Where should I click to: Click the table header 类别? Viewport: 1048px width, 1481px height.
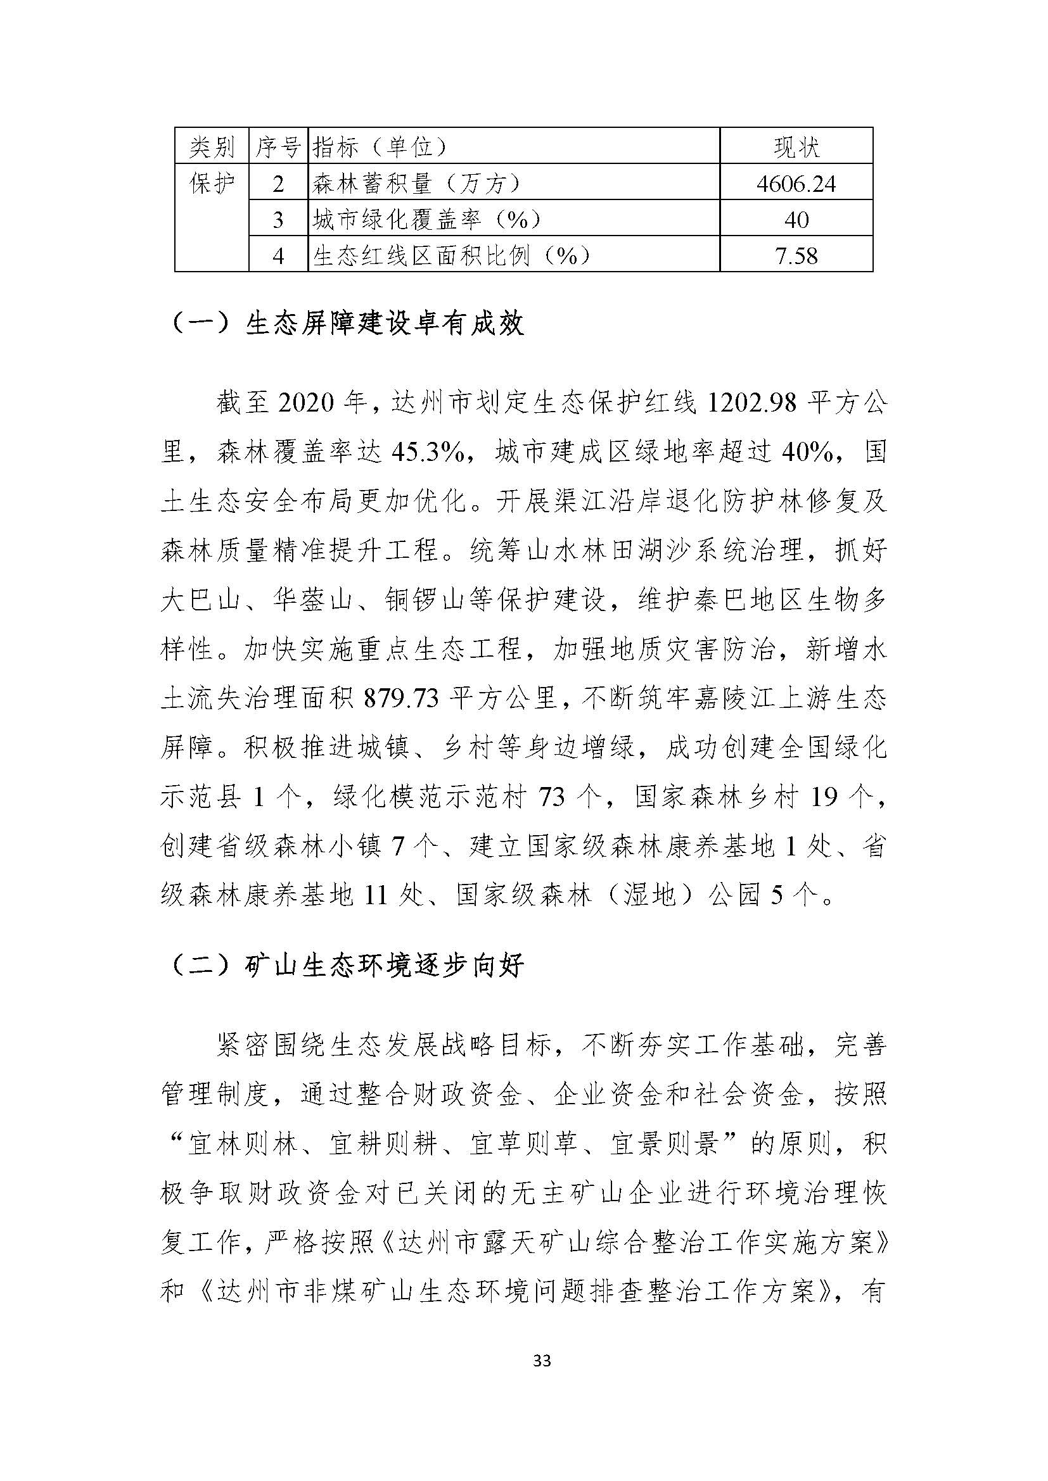212,148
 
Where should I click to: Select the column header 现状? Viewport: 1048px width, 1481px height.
796,148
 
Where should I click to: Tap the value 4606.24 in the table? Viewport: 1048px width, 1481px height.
796,184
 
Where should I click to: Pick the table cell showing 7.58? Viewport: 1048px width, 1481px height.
796,256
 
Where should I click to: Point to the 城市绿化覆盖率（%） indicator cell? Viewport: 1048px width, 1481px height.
426,220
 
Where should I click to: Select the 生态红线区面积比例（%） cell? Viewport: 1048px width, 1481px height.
452,256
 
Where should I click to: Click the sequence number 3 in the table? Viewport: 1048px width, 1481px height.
278,220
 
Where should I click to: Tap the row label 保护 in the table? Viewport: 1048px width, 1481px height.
212,184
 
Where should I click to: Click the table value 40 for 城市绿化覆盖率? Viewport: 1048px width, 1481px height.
796,220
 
